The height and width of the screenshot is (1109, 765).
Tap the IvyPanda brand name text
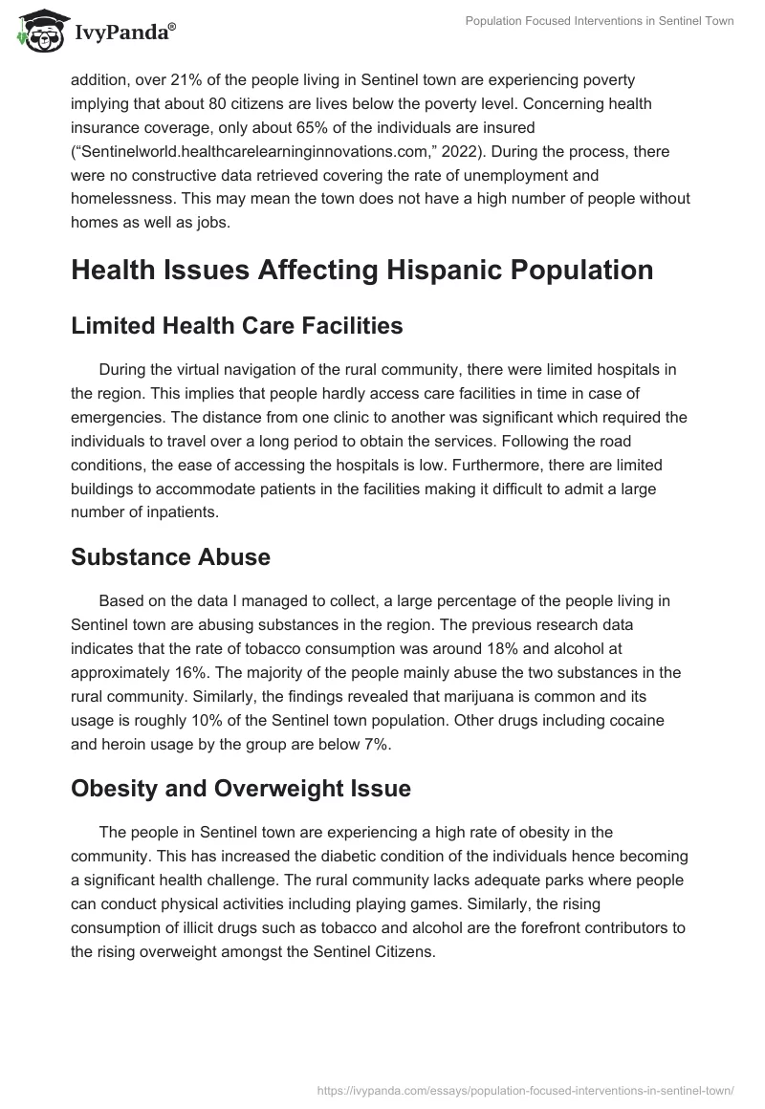(122, 33)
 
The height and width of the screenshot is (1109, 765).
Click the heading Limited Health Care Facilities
(237, 325)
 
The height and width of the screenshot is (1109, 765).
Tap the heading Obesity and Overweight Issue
(241, 788)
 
